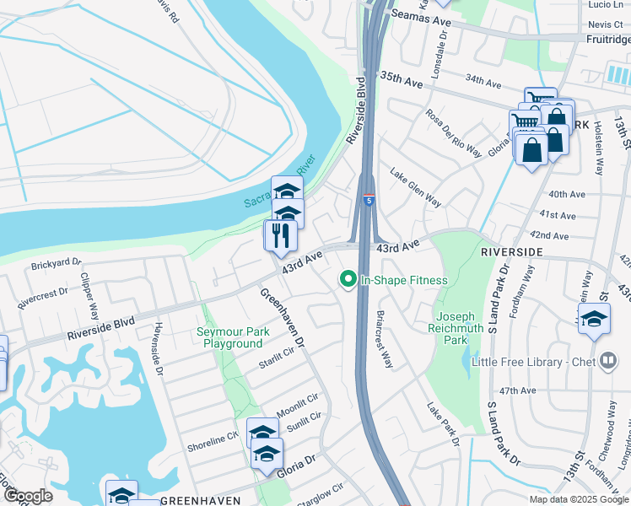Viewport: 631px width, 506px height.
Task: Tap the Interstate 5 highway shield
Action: [x=369, y=200]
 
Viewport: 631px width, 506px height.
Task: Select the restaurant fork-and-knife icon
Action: [x=281, y=235]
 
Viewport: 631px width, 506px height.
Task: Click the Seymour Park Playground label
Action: [x=232, y=337]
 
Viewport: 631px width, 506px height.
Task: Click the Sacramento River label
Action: [x=278, y=182]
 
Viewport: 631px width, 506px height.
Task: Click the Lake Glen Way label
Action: [x=416, y=187]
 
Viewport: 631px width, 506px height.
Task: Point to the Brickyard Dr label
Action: [x=55, y=264]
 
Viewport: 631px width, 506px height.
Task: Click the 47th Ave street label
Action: [x=517, y=391]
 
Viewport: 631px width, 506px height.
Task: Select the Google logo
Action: [x=28, y=496]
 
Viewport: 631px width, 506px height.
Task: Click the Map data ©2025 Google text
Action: [x=579, y=499]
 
